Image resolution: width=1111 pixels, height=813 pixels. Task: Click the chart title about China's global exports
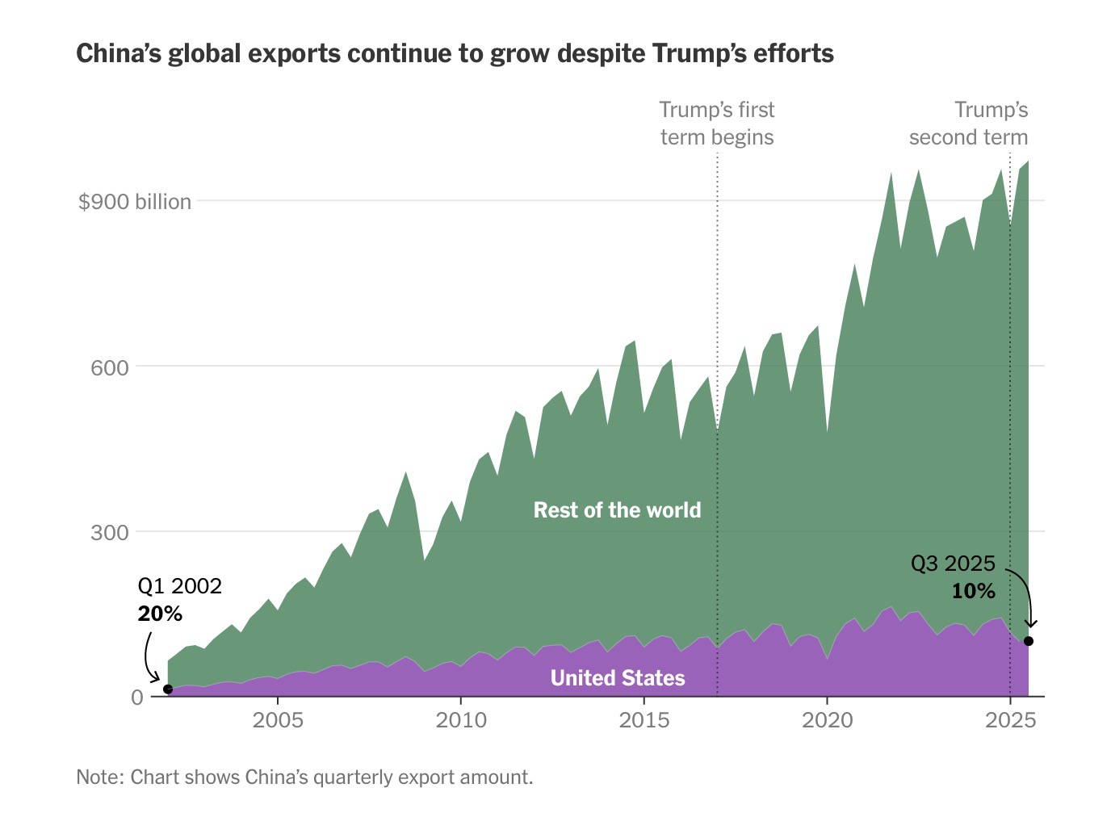pos(455,54)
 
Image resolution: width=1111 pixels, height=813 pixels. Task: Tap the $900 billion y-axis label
pos(135,202)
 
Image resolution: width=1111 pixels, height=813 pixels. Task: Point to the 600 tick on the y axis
pos(110,368)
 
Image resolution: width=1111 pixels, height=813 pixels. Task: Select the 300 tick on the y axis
pos(110,533)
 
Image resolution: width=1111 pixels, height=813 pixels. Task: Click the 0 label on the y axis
pos(137,698)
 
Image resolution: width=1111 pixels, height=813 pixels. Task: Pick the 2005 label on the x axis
pos(278,720)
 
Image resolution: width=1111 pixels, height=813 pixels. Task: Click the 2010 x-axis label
pos(461,720)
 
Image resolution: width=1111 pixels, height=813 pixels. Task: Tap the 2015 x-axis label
pos(644,720)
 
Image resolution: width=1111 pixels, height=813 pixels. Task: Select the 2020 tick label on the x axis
pos(827,720)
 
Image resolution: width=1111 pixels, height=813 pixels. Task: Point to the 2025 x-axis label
pos(1010,720)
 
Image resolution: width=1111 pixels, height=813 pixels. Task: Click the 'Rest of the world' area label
pos(618,510)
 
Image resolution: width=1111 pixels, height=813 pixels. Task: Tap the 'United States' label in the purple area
pos(618,678)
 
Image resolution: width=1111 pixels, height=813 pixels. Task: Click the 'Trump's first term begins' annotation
pos(717,124)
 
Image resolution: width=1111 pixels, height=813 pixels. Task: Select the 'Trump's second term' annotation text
pos(969,124)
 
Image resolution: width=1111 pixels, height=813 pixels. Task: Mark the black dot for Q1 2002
pos(168,689)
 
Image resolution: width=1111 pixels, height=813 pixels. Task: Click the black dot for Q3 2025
pos(1029,641)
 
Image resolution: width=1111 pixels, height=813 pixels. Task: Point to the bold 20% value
pos(160,614)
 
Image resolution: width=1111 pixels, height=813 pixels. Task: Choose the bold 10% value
pos(974,592)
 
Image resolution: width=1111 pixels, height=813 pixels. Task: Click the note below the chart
pos(304,777)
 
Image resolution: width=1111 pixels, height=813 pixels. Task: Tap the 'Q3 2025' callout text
pos(954,564)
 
